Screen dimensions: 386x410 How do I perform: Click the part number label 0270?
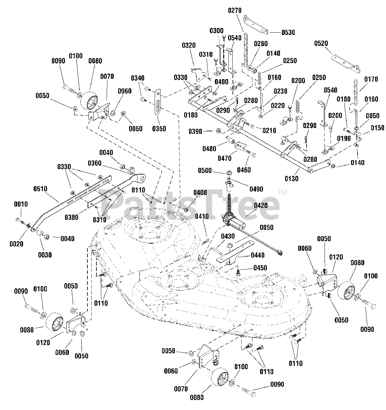(x=235, y=10)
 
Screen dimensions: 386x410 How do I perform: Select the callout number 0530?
(x=288, y=32)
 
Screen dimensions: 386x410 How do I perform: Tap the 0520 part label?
(x=321, y=43)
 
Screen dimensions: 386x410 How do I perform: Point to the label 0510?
(x=40, y=189)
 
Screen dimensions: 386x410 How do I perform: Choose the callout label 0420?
(x=261, y=205)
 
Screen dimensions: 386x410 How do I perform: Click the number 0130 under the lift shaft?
(x=292, y=179)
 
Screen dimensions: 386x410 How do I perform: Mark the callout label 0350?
(x=159, y=129)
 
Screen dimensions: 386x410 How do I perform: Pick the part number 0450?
(x=260, y=268)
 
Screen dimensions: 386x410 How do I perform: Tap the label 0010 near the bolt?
(x=21, y=204)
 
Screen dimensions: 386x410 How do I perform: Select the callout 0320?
(x=189, y=45)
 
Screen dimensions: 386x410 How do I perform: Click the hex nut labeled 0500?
(x=229, y=172)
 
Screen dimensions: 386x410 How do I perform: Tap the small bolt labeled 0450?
(x=238, y=272)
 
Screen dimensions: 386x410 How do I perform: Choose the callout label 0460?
(x=244, y=170)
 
